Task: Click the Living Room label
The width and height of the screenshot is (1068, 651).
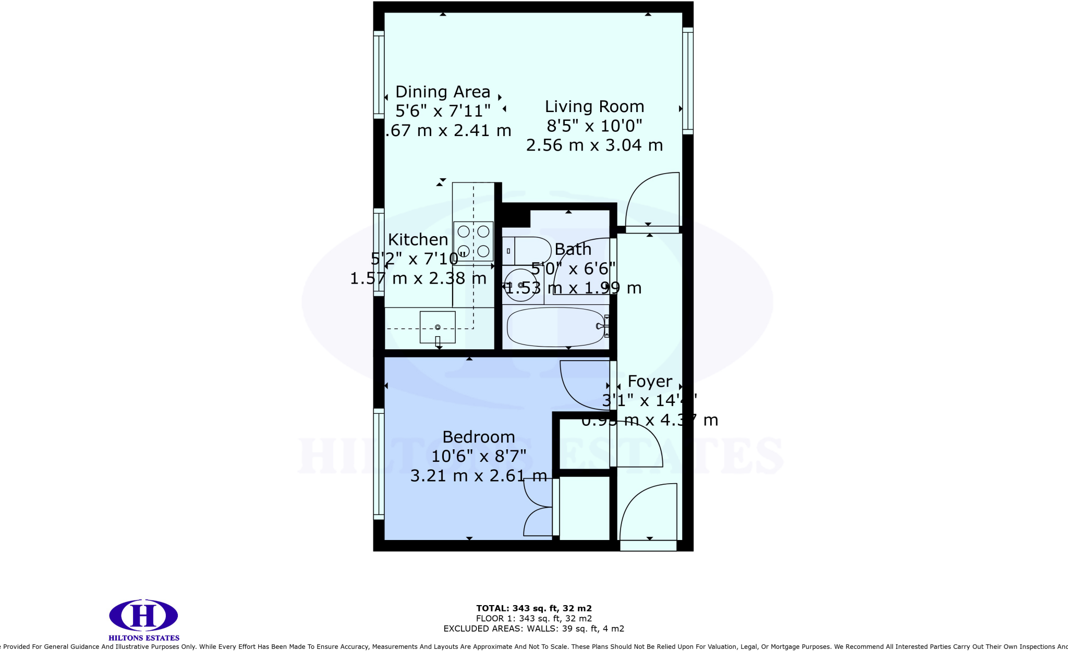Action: click(594, 107)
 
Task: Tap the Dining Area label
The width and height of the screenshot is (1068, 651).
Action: click(443, 92)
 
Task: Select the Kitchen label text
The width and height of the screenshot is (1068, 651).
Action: click(418, 240)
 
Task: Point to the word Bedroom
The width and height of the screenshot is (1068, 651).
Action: click(479, 437)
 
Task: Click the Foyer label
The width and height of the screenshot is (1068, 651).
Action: click(650, 382)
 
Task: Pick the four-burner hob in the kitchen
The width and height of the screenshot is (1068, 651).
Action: click(474, 241)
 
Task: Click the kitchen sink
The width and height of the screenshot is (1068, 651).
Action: click(438, 327)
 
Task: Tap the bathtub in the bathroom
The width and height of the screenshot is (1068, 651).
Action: click(556, 327)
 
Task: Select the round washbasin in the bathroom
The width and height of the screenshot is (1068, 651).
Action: click(521, 285)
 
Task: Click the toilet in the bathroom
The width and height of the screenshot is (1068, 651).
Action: click(527, 251)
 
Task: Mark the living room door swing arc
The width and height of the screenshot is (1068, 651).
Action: click(652, 201)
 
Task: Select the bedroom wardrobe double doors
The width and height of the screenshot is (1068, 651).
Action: click(537, 507)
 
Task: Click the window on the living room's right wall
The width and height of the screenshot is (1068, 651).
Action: click(688, 81)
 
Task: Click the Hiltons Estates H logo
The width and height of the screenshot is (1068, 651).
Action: click(143, 616)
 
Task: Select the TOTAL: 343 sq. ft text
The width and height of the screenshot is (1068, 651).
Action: click(533, 608)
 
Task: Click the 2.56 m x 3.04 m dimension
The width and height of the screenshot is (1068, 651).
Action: click(594, 145)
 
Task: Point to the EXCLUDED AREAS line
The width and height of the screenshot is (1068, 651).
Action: click(533, 629)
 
